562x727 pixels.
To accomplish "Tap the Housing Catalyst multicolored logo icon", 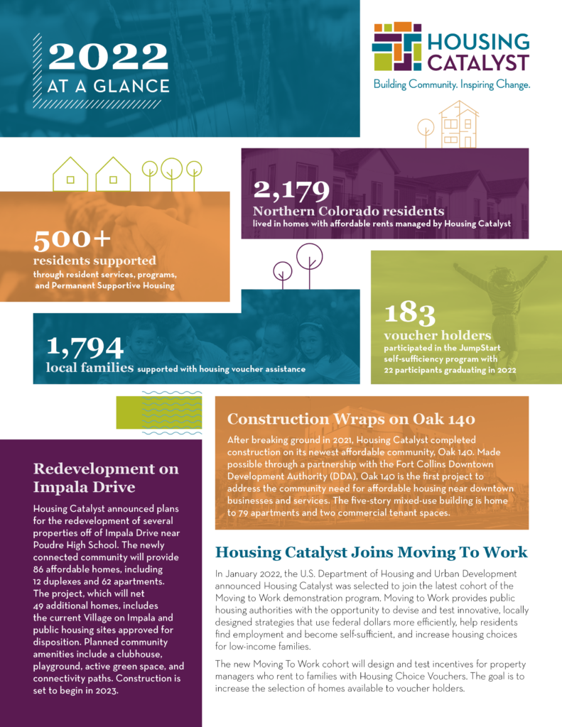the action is (396, 47).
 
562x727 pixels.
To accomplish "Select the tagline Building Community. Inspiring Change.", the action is (451, 84).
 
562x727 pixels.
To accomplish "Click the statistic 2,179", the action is (291, 190).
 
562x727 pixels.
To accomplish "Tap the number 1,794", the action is (85, 347).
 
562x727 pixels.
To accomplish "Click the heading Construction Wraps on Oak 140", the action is (351, 418).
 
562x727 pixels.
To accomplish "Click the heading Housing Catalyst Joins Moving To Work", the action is (371, 552).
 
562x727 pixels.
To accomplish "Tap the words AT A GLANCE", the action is (108, 87).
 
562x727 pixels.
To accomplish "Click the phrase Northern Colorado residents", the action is (349, 211).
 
